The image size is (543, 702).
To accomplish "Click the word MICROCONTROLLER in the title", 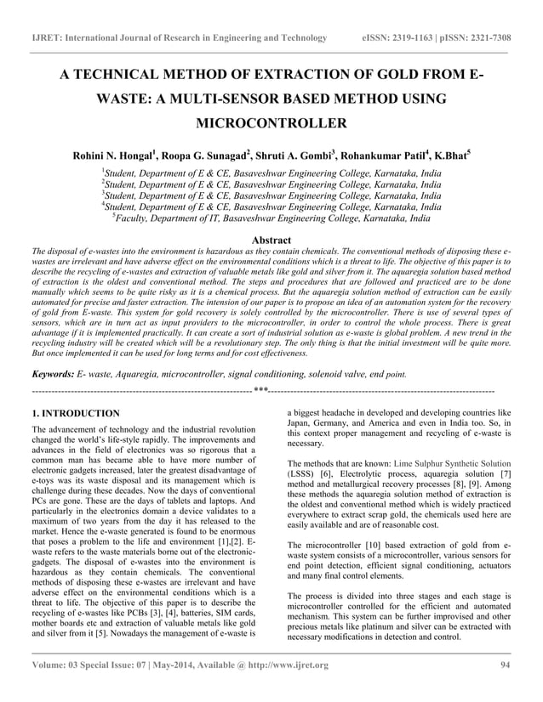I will click(x=271, y=123).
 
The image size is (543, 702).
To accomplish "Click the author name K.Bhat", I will click(x=449, y=156).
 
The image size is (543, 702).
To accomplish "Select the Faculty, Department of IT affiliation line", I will click(x=271, y=218).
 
